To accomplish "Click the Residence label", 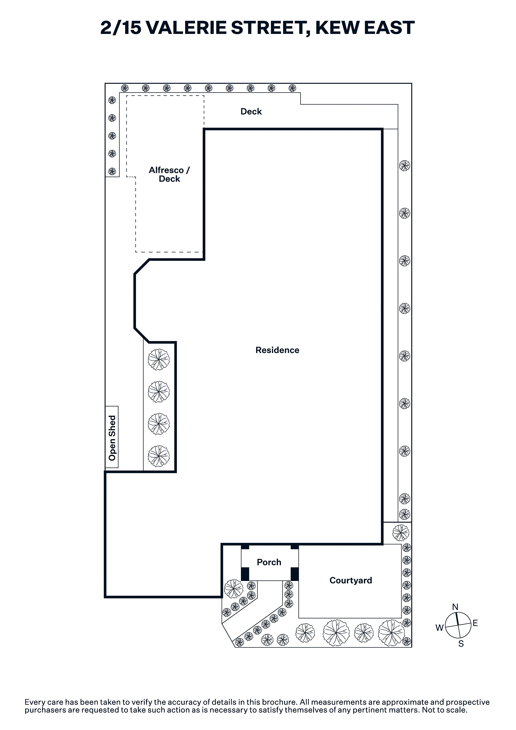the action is (277, 350).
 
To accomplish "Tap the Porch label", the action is (269, 562).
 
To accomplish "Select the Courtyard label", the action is (351, 581).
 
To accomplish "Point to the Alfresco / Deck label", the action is (169, 175).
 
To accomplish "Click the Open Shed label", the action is (112, 438).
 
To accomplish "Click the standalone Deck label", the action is (251, 112).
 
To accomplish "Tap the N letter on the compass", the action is (455, 607).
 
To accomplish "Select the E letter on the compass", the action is (475, 623).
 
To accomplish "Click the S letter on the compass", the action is (461, 644).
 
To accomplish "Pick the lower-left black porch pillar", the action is (245, 574).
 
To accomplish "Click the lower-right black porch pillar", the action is (295, 574).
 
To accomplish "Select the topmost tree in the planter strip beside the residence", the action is (159, 360).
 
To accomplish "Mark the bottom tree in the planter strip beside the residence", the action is (159, 456).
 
